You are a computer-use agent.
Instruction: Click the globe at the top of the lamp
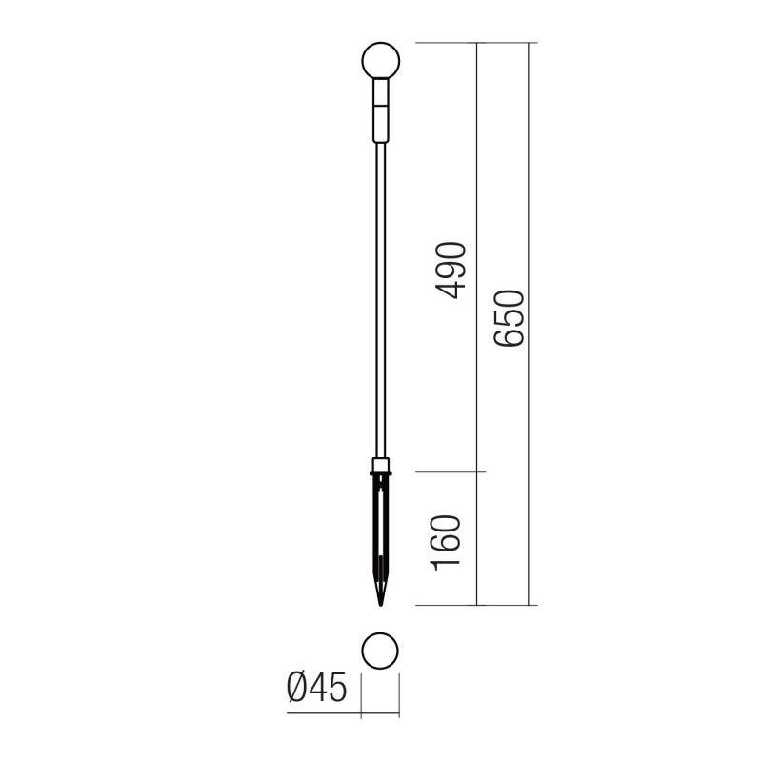tap(381, 62)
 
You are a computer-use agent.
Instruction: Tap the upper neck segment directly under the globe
tap(381, 93)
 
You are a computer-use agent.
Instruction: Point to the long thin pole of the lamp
tap(381, 305)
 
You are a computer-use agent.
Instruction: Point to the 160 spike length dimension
tap(448, 542)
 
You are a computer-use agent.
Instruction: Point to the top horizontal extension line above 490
tap(448, 43)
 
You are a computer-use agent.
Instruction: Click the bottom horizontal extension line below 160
tap(448, 605)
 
